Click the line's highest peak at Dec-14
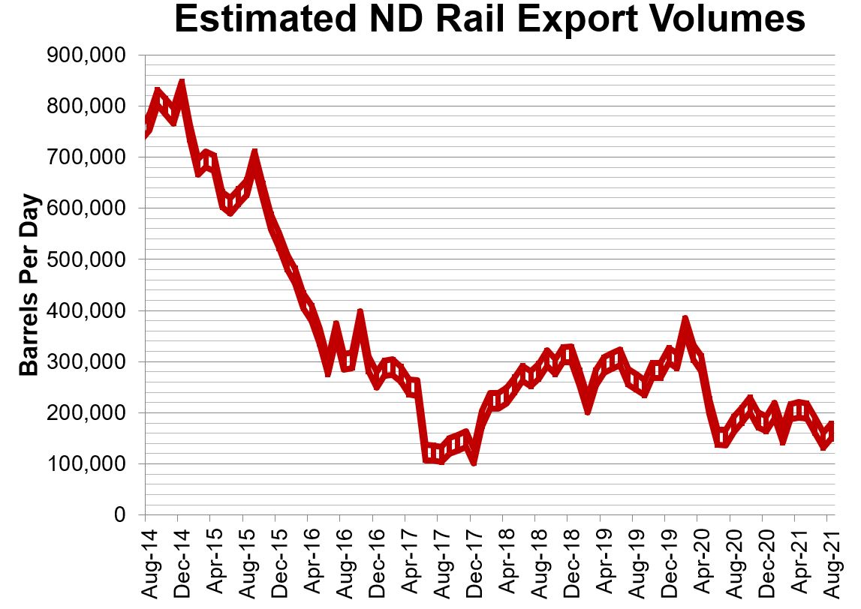tap(180, 83)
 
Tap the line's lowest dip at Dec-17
tap(473, 460)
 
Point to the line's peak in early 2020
tap(685, 321)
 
